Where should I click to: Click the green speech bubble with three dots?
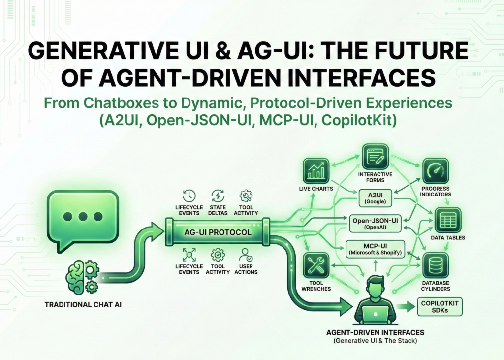(83, 217)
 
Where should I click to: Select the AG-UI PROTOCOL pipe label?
(217, 232)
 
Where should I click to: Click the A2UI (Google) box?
(376, 198)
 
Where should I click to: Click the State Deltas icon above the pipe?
(218, 196)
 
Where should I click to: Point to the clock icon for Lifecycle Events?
(189, 196)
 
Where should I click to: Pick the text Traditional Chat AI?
(83, 305)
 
